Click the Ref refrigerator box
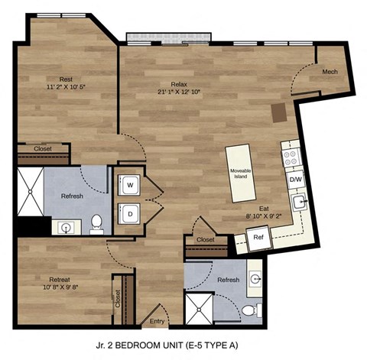pyautogui.click(x=259, y=238)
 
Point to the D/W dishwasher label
pyautogui.click(x=294, y=180)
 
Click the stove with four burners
pyautogui.click(x=291, y=158)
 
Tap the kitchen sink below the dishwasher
pyautogui.click(x=300, y=203)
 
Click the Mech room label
pyautogui.click(x=330, y=72)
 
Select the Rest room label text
pyautogui.click(x=67, y=79)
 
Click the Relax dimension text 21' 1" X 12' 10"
pyautogui.click(x=179, y=93)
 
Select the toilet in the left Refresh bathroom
pyautogui.click(x=96, y=224)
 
